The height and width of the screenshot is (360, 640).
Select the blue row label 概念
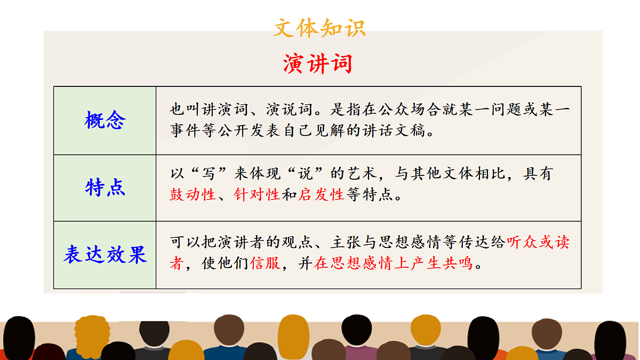pyautogui.click(x=105, y=121)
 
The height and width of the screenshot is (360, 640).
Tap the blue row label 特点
pyautogui.click(x=105, y=188)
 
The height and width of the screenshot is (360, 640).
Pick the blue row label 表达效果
pyautogui.click(x=105, y=255)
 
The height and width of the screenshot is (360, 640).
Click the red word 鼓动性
pyautogui.click(x=193, y=195)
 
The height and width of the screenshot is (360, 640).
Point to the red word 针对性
pyautogui.click(x=257, y=195)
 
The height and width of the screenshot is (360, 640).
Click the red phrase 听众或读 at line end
pyautogui.click(x=538, y=243)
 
